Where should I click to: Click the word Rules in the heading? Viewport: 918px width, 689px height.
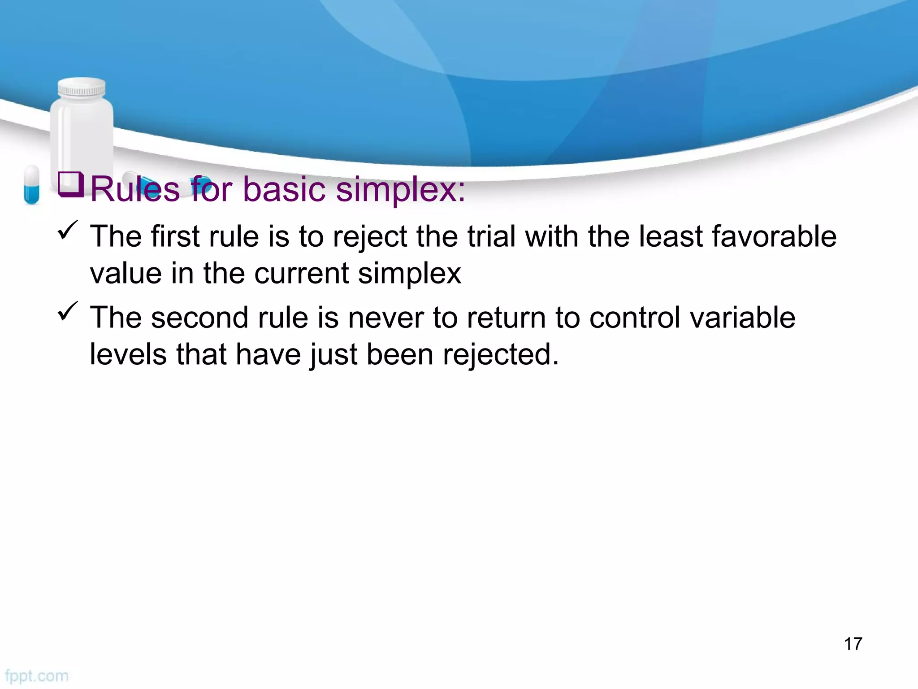[135, 189]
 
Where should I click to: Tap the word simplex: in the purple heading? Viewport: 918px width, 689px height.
[400, 189]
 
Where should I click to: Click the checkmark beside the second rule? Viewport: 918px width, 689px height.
[68, 311]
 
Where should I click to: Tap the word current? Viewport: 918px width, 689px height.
[301, 273]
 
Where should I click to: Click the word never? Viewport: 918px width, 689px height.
[385, 318]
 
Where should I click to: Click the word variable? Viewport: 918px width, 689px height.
[742, 318]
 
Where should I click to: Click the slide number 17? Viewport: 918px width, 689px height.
[853, 644]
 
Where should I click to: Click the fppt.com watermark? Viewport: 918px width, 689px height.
[37, 676]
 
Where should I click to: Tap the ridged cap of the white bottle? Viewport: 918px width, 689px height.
[82, 88]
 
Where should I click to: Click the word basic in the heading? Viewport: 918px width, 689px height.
[284, 189]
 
